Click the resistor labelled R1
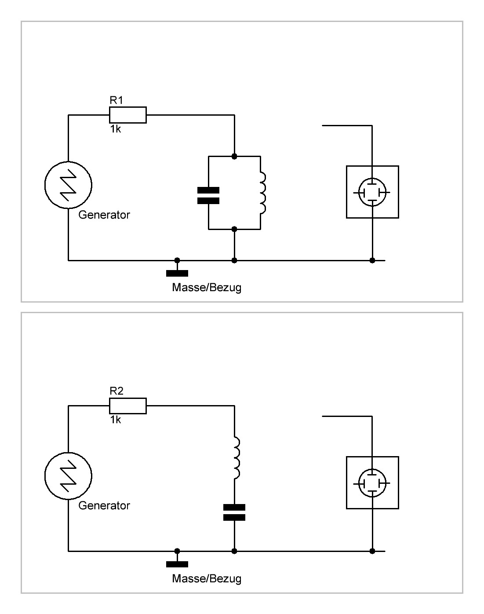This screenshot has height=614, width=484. pos(128,115)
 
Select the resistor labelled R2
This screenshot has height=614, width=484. pos(128,406)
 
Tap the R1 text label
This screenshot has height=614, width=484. pos(116,100)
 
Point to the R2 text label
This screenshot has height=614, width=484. pos(116,391)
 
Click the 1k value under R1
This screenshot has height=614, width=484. pos(116,129)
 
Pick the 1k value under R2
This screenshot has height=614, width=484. pos(116,420)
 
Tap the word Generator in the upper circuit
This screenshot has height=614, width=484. pos(104,215)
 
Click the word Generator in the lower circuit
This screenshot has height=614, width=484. pos(104,505)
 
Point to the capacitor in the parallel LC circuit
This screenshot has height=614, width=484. pos(208,195)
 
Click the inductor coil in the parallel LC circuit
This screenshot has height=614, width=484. pos(263,193)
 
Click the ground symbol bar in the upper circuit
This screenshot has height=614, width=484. pos(177,273)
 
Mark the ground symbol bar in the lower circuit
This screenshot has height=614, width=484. pos(177,564)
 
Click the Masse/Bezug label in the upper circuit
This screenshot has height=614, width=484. pos(207,288)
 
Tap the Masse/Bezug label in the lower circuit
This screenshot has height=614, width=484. pos(207,578)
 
